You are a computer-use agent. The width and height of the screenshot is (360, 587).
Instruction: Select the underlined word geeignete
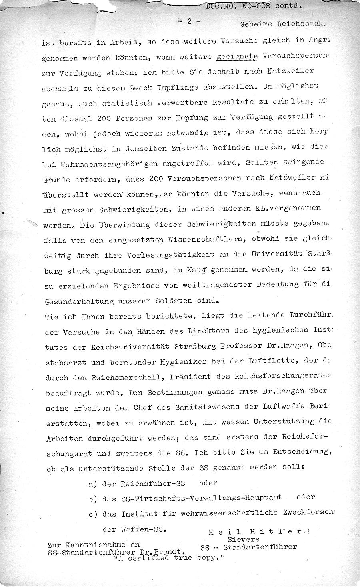(x=236, y=57)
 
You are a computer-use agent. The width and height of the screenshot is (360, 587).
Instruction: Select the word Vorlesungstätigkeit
(x=171, y=254)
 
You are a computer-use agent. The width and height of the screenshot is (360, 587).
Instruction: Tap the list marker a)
(x=93, y=483)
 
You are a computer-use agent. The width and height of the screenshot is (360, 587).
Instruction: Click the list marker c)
(x=93, y=514)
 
